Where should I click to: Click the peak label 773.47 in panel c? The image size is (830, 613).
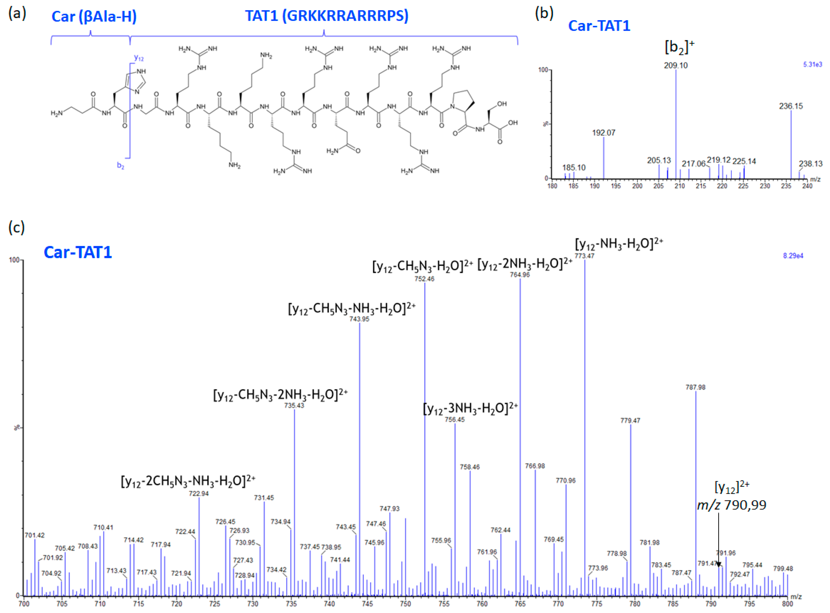coord(584,256)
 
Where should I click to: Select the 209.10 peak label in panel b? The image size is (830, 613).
coord(675,66)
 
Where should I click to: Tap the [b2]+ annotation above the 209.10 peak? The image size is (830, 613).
coord(679,48)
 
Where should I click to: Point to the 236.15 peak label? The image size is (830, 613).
coord(791,107)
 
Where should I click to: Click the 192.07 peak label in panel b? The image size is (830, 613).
coord(603,133)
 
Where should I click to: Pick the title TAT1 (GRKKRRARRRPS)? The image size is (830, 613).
coord(327,16)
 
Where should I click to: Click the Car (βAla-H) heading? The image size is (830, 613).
coord(94,17)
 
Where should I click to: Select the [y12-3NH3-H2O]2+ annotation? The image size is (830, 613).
coord(470,409)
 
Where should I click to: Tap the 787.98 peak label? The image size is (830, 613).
coord(695,387)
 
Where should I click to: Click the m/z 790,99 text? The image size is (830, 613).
coord(731,505)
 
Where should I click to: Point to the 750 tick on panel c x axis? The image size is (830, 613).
coord(406,604)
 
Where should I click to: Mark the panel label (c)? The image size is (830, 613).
coord(17,227)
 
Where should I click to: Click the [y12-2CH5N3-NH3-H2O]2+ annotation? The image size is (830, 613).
coord(188,481)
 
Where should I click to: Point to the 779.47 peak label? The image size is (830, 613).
coord(630,421)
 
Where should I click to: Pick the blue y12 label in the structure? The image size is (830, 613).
coord(139,58)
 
